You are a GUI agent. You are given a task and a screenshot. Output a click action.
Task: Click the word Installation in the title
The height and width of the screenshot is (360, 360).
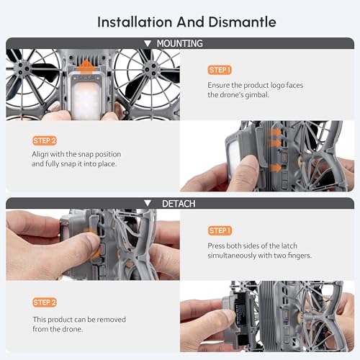pyautogui.click(x=135, y=22)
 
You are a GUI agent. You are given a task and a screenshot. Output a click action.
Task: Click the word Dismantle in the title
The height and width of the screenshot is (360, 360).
pyautogui.click(x=242, y=22)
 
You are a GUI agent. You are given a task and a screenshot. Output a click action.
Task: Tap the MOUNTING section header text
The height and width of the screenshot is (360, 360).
pyautogui.click(x=180, y=43)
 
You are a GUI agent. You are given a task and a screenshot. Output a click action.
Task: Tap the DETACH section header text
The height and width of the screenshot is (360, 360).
pyautogui.click(x=179, y=204)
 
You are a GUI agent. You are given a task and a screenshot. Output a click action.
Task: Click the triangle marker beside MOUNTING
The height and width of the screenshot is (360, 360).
pyautogui.click(x=148, y=43)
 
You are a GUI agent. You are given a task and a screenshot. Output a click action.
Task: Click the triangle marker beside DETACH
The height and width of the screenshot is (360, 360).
pyautogui.click(x=148, y=204)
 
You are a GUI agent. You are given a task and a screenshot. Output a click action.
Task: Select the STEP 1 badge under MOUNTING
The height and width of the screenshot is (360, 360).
pyautogui.click(x=220, y=70)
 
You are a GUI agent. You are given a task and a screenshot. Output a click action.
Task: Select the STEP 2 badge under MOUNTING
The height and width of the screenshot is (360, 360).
pyautogui.click(x=45, y=140)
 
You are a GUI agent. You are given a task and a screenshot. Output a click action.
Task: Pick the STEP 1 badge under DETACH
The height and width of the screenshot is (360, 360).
pyautogui.click(x=220, y=230)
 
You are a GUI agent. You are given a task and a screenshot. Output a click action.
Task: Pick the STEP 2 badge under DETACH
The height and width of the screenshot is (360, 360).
pyautogui.click(x=45, y=302)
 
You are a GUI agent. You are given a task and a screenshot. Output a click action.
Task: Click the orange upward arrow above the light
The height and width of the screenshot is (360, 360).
pyautogui.click(x=86, y=66)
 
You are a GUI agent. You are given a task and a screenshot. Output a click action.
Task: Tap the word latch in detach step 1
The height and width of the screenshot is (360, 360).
pyautogui.click(x=289, y=246)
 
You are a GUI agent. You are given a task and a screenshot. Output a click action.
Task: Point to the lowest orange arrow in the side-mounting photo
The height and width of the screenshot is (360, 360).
pyautogui.click(x=275, y=168)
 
